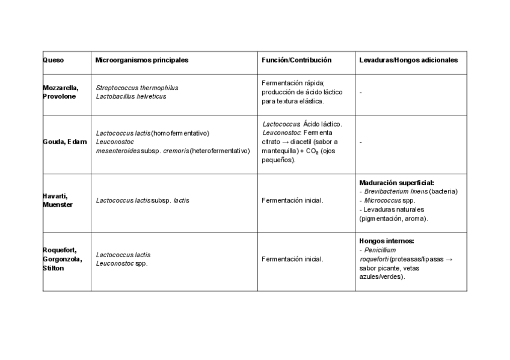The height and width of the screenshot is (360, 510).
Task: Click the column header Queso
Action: click(x=54, y=60)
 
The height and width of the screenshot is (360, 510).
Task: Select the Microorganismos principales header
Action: click(x=142, y=60)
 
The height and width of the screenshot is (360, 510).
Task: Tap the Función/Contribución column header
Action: click(x=296, y=60)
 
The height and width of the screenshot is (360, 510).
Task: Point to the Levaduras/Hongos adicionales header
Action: click(x=408, y=60)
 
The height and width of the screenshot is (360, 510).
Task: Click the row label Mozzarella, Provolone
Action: click(x=60, y=92)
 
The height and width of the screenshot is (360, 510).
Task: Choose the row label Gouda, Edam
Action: click(x=61, y=141)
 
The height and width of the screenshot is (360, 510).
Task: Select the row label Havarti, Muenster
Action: click(x=58, y=200)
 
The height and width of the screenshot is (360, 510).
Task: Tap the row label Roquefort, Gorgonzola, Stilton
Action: click(x=63, y=259)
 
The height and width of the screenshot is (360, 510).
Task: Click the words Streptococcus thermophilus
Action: click(x=137, y=88)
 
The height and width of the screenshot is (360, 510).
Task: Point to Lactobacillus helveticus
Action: click(x=131, y=96)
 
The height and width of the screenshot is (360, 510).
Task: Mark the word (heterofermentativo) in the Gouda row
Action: click(x=220, y=151)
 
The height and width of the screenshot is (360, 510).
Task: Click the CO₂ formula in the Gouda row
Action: click(x=312, y=151)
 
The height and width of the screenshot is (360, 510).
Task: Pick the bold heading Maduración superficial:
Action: click(x=396, y=182)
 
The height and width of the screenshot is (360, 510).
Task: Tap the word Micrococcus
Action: click(x=382, y=200)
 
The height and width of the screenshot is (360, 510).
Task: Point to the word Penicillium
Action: click(x=380, y=250)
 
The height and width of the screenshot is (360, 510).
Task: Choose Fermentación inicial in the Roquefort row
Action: click(x=292, y=259)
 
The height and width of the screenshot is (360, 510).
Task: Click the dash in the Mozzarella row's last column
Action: click(x=360, y=93)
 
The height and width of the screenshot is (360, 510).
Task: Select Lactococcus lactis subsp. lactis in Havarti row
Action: click(x=143, y=200)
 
